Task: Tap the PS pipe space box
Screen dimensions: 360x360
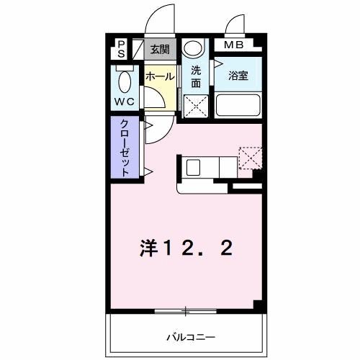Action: [122, 50]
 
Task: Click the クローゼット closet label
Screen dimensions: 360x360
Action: [125, 147]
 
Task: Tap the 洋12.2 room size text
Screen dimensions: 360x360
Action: [185, 249]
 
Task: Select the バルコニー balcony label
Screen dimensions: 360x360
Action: [192, 336]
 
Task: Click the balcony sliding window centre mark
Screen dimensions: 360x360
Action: [185, 311]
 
